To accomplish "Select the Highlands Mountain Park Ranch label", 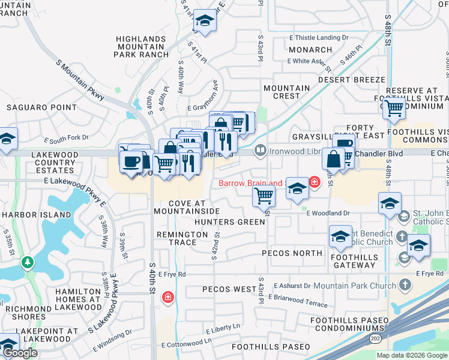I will click(x=140, y=46).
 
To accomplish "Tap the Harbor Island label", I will click(x=28, y=215).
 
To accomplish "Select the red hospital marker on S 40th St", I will click(x=168, y=296).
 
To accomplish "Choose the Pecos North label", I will click(x=292, y=253).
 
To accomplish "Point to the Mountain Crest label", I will click(x=286, y=92).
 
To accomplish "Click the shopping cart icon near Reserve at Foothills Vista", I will click(x=394, y=108).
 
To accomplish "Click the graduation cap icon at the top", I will click(x=205, y=22).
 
